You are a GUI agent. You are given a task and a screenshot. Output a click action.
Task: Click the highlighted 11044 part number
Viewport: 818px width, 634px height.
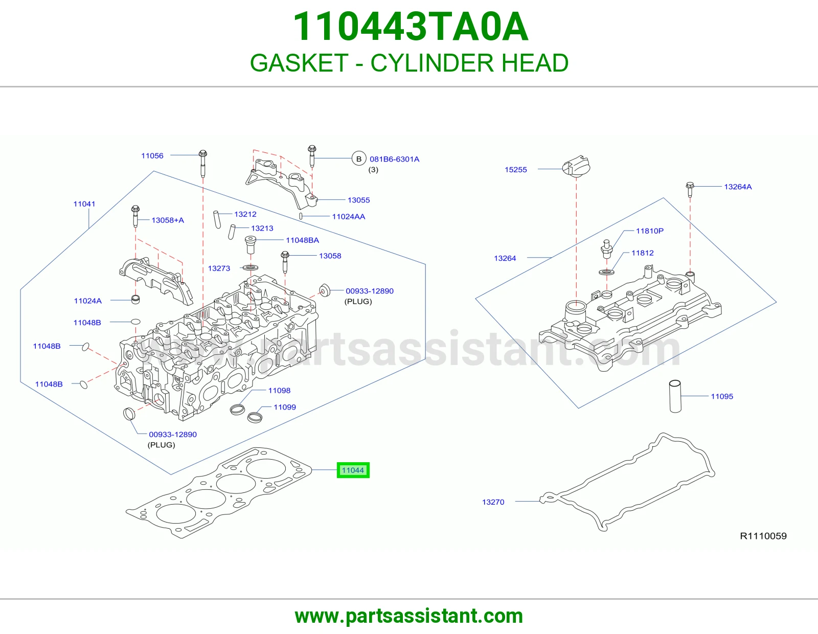click(x=353, y=470)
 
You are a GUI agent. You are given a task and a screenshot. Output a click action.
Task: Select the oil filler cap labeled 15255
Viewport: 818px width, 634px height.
click(x=576, y=166)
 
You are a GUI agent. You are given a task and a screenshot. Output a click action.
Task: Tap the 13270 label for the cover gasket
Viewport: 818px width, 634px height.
click(x=493, y=502)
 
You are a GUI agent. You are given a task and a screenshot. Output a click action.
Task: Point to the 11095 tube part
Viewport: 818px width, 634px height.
click(x=675, y=396)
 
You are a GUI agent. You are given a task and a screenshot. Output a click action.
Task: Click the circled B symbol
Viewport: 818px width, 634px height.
click(x=359, y=159)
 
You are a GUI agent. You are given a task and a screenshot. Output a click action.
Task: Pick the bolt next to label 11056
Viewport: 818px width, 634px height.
click(x=202, y=163)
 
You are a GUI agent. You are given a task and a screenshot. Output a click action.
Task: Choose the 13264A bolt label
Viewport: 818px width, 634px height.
click(x=738, y=187)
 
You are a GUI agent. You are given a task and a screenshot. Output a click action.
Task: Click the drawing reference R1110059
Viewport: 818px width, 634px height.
click(x=763, y=536)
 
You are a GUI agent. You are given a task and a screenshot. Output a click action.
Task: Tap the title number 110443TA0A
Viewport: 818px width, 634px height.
click(x=411, y=27)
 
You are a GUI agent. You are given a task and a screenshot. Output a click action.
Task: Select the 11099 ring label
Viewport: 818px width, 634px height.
click(x=285, y=407)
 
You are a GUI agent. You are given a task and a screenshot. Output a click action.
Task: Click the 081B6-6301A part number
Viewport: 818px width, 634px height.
click(x=394, y=159)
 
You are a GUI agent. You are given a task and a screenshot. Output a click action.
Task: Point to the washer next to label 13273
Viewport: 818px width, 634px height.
click(x=251, y=267)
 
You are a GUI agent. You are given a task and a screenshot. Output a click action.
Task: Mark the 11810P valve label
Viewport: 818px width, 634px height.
click(x=650, y=231)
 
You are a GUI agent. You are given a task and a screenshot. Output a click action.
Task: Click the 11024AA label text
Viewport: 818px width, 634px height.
click(x=348, y=216)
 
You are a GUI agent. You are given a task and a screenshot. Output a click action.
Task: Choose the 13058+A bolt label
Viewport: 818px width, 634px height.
click(x=168, y=220)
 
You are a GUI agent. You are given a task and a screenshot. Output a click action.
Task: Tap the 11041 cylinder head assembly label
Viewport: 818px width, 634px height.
click(x=84, y=203)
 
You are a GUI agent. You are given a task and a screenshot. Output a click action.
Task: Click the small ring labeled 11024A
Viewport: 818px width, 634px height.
click(x=135, y=300)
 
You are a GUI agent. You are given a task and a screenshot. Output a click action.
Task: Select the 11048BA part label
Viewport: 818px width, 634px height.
click(x=302, y=240)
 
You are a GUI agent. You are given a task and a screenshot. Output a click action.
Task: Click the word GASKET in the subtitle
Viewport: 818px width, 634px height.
click(x=299, y=63)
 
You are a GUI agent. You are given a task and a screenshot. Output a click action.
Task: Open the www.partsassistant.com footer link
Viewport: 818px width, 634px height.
click(x=409, y=616)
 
